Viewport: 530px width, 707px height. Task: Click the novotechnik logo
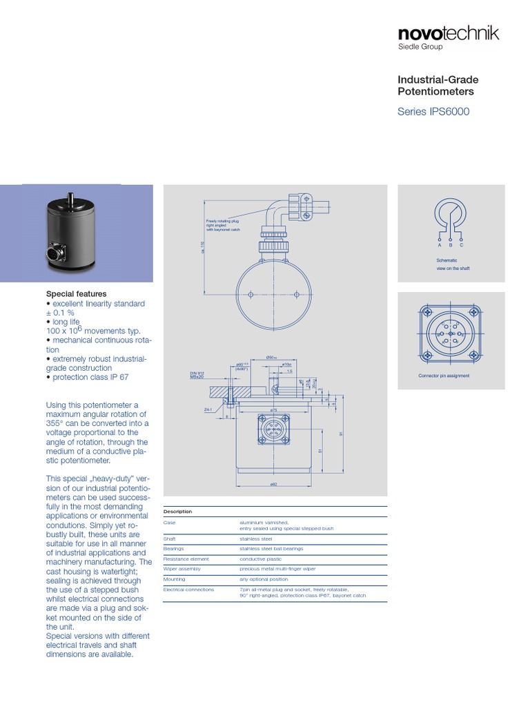(448, 34)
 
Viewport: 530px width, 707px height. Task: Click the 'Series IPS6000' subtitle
(433, 112)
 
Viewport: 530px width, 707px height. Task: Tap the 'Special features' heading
(76, 293)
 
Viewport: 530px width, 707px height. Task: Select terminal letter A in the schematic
(440, 245)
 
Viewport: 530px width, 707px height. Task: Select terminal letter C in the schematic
(462, 245)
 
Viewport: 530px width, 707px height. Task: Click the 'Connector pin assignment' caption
(444, 376)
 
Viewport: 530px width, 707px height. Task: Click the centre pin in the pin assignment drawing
(451, 333)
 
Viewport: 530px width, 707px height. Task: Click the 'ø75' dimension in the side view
(273, 410)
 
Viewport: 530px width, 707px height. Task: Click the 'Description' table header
(177, 512)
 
